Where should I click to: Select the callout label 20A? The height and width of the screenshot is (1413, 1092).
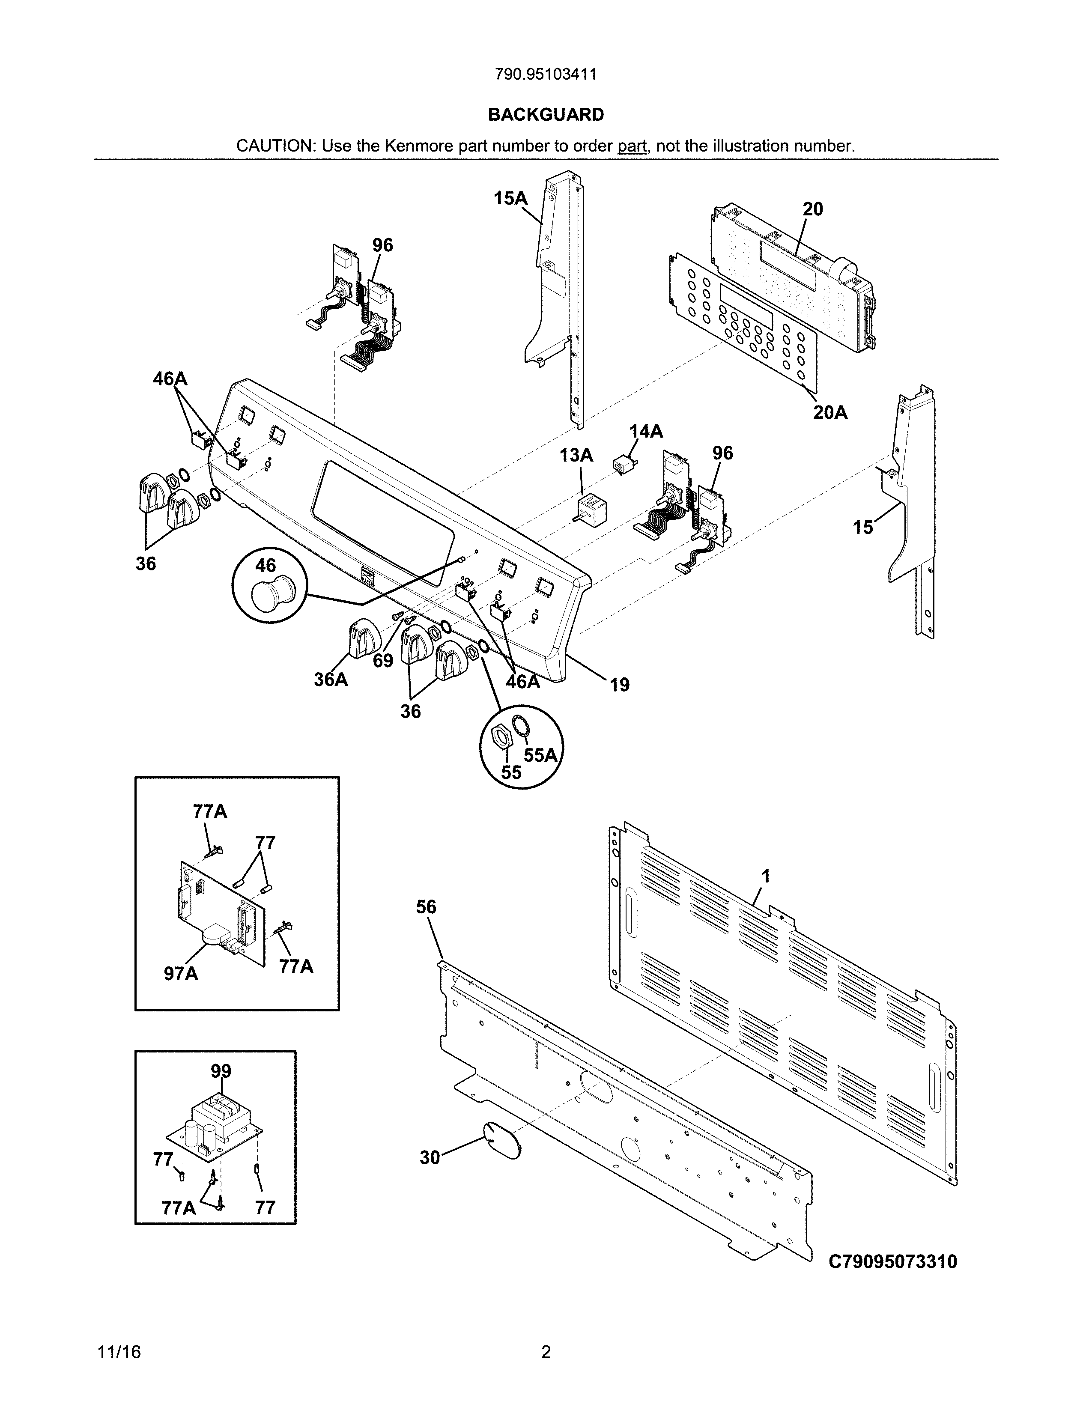click(830, 412)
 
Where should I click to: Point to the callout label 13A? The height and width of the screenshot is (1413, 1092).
click(576, 456)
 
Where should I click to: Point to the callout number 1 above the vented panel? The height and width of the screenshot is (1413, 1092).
click(766, 876)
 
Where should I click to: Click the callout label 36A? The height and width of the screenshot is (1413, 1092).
click(331, 680)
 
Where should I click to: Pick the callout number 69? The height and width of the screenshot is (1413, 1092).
click(383, 661)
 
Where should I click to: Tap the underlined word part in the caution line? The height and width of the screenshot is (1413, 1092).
click(632, 146)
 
